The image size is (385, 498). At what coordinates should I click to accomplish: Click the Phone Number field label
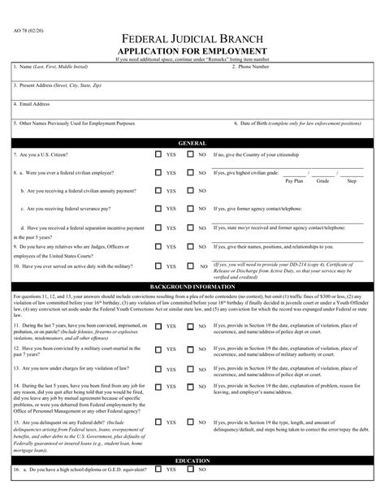pyautogui.click(x=251, y=67)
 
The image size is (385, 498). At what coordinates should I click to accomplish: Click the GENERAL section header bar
pyautogui.click(x=192, y=141)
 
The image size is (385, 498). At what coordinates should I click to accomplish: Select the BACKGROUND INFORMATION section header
pyautogui.click(x=192, y=288)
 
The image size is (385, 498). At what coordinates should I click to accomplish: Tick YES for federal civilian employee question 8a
pyautogui.click(x=158, y=172)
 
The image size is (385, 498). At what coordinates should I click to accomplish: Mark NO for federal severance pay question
pyautogui.click(x=191, y=209)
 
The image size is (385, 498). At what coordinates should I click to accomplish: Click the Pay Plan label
pyautogui.click(x=295, y=181)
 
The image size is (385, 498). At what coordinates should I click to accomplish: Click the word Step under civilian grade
pyautogui.click(x=352, y=181)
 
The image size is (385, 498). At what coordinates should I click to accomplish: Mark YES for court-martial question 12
pyautogui.click(x=158, y=347)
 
